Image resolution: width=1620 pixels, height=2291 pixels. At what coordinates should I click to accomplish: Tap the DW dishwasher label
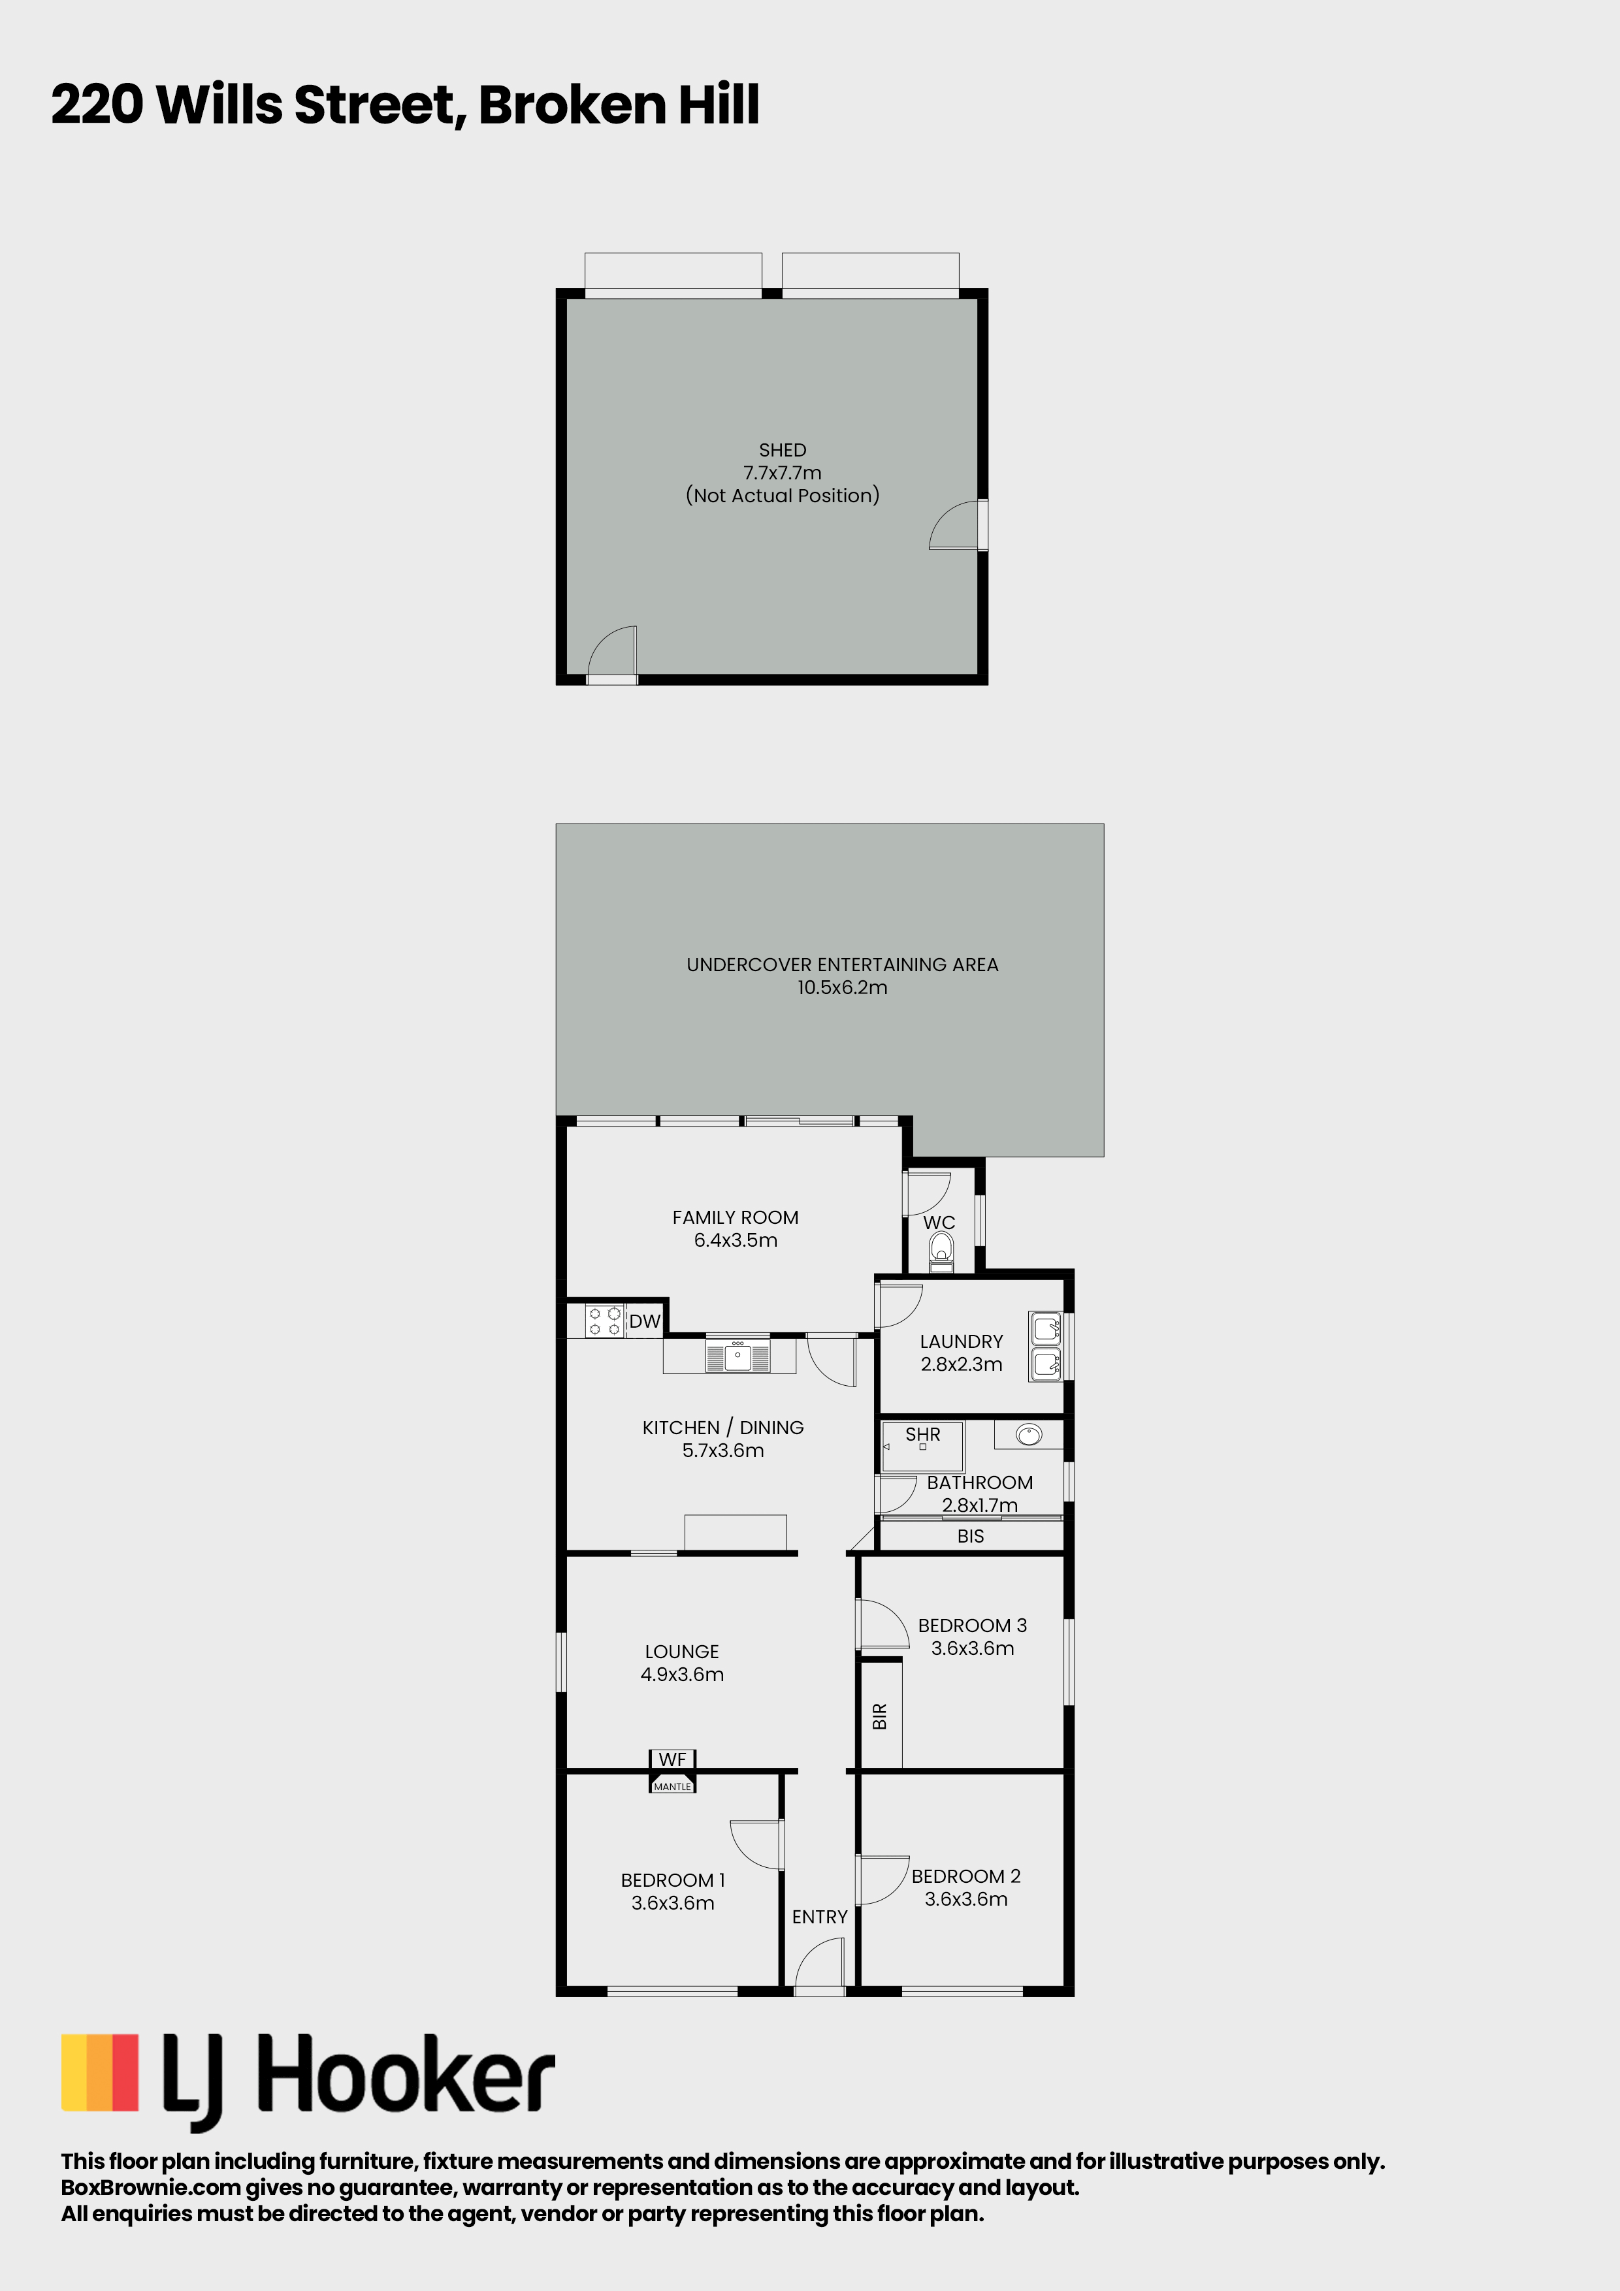click(x=645, y=1321)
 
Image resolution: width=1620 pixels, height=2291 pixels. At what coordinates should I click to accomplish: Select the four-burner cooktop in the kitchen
click(x=604, y=1321)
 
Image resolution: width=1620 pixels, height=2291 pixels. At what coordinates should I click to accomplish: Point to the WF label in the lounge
click(x=672, y=1759)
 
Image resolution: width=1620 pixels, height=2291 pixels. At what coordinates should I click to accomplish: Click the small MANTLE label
click(x=672, y=1786)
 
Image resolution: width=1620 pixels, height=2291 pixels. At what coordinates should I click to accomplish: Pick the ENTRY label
click(x=820, y=1917)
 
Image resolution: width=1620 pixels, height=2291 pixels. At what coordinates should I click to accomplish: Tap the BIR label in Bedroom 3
click(x=879, y=1716)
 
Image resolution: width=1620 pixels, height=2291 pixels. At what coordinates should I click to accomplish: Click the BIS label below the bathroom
click(x=970, y=1535)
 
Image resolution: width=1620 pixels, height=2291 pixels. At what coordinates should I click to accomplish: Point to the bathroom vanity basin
click(x=1029, y=1435)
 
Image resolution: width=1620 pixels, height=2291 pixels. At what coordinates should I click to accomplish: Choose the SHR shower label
click(x=922, y=1434)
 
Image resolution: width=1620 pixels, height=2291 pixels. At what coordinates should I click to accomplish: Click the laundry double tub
click(x=1046, y=1346)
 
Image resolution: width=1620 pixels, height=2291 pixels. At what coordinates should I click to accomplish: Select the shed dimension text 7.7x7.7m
click(x=783, y=473)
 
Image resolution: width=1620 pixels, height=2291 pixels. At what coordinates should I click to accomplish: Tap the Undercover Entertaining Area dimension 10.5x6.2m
click(x=843, y=987)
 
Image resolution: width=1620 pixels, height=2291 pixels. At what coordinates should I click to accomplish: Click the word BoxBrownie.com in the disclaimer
click(x=151, y=2187)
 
